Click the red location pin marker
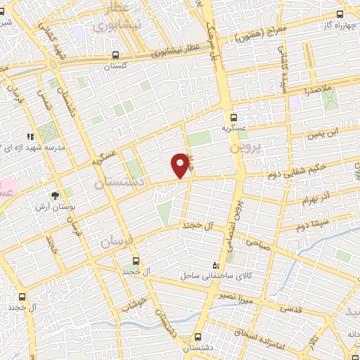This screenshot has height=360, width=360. (181, 165)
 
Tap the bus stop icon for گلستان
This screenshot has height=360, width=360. (115, 54)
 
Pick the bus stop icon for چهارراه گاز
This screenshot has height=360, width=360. (340, 13)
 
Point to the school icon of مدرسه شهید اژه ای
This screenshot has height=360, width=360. (30, 136)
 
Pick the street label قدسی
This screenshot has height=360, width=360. (291, 309)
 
